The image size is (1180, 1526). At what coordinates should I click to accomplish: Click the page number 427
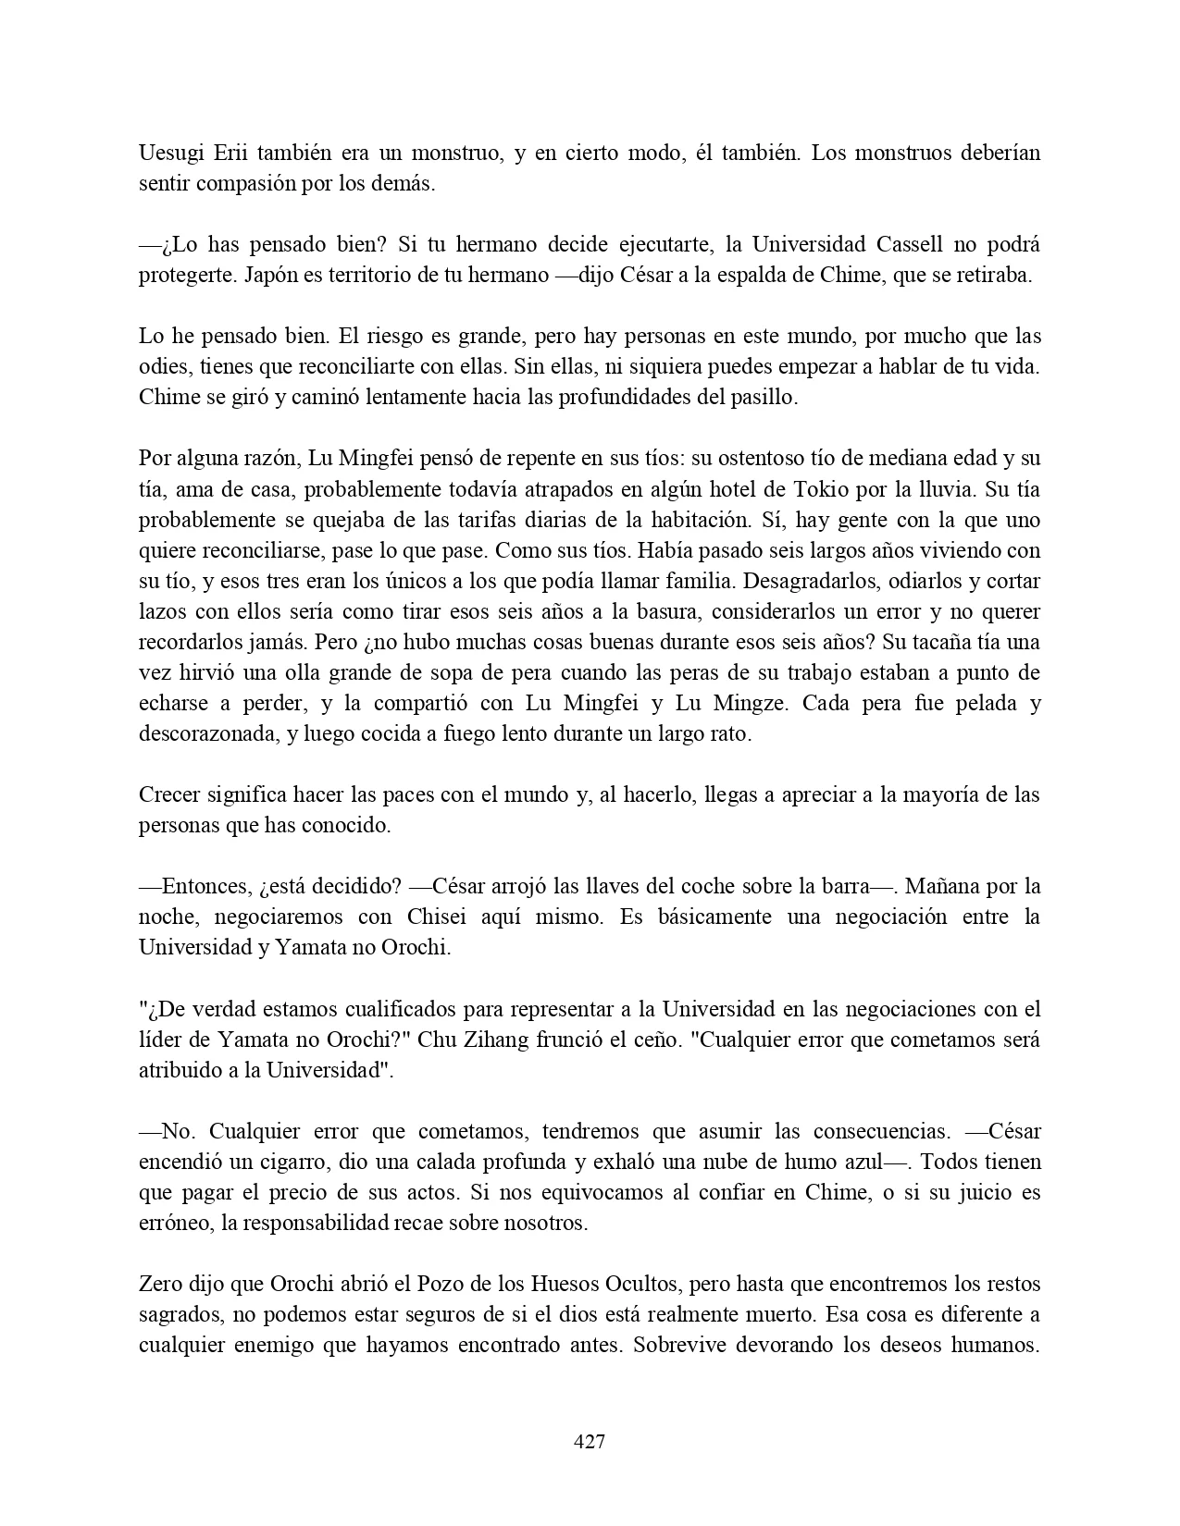590,1441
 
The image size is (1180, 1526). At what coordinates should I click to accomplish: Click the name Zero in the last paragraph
163,1285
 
